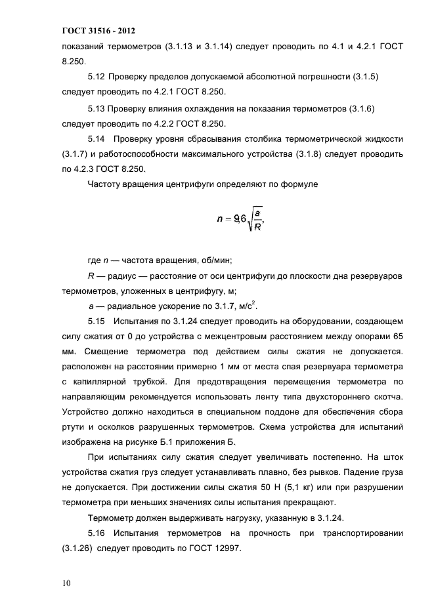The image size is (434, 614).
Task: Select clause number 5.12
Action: point(97,77)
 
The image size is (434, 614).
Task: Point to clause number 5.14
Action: point(97,139)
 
